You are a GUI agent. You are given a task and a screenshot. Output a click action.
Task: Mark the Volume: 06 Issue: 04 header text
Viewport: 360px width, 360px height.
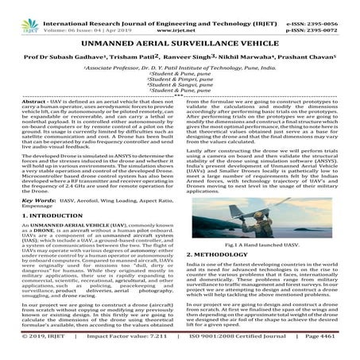[96, 15]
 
